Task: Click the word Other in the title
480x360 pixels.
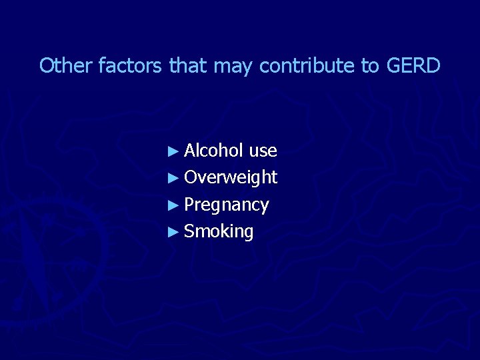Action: tap(67, 65)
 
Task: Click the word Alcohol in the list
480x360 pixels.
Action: tap(213, 151)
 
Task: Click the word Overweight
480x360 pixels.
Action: tap(231, 178)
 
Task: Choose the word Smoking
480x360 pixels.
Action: tap(219, 232)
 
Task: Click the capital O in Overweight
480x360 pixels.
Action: tap(191, 177)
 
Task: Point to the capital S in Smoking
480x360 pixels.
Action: tap(189, 231)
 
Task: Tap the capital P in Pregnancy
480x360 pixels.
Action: tap(189, 204)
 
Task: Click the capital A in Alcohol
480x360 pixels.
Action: tap(190, 151)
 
